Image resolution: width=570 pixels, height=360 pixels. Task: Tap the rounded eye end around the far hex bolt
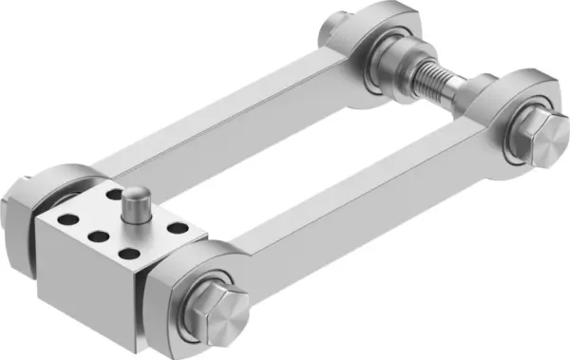[503, 95]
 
